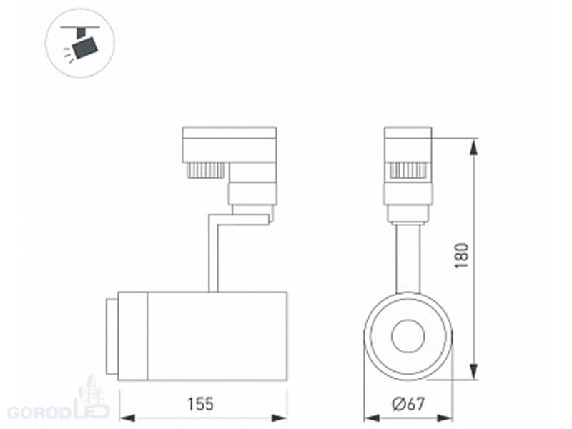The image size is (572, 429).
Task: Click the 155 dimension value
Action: pyautogui.click(x=200, y=404)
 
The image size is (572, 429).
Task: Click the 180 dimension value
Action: pyautogui.click(x=461, y=255)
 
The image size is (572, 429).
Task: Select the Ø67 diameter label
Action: pyautogui.click(x=408, y=404)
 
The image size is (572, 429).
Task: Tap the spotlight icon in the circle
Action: pyautogui.click(x=80, y=43)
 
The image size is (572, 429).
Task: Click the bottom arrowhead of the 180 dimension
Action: pyautogui.click(x=474, y=371)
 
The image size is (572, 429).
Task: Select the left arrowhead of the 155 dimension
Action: pyautogui.click(x=128, y=418)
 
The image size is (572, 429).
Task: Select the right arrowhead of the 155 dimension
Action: pyautogui.click(x=280, y=418)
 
